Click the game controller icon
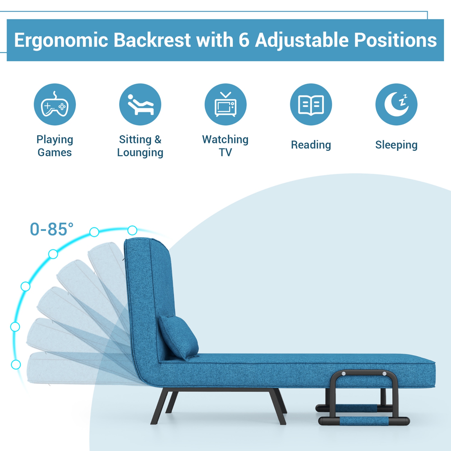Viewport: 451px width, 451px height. [55, 105]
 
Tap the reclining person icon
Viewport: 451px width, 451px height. [140, 105]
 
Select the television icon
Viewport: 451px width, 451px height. [226, 105]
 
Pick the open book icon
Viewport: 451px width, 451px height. [311, 105]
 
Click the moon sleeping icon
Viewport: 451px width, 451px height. [396, 105]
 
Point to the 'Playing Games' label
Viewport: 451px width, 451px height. [55, 146]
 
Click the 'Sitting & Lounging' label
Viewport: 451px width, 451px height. [140, 146]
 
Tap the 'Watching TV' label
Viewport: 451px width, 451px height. [226, 146]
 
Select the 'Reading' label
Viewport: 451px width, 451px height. [311, 145]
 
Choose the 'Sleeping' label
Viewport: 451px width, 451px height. [396, 145]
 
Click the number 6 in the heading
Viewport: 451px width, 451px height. [244, 40]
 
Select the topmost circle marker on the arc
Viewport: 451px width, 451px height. [132, 230]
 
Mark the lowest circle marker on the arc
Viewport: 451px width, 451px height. [16, 364]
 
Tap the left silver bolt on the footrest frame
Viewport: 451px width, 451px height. [344, 374]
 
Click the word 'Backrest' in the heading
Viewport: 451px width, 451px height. [152, 40]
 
